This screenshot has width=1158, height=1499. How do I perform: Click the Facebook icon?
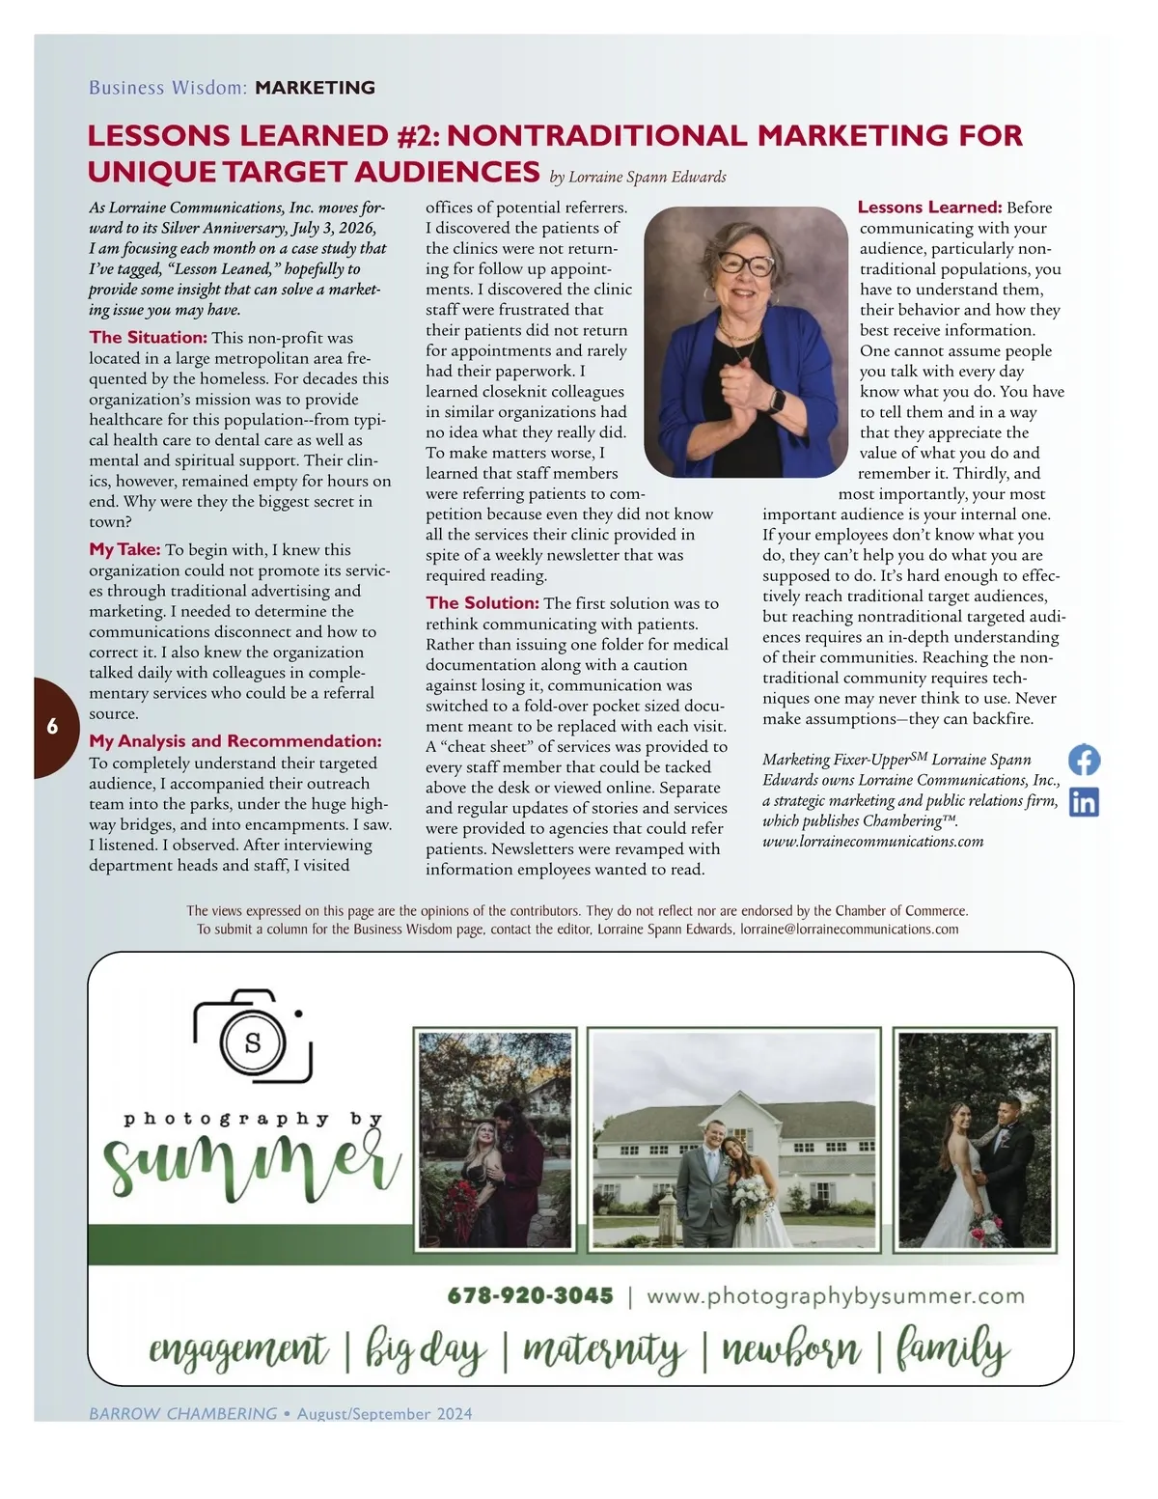pyautogui.click(x=1085, y=760)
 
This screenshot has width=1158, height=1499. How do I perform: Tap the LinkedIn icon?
pyautogui.click(x=1085, y=802)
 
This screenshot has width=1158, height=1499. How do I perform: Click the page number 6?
pyautogui.click(x=52, y=727)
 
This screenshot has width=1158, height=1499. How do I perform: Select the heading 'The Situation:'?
pyautogui.click(x=148, y=337)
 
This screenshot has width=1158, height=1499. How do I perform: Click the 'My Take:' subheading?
pyautogui.click(x=124, y=549)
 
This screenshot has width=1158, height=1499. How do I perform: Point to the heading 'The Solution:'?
pyautogui.click(x=482, y=602)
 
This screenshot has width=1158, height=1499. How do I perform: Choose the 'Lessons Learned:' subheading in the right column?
pyautogui.click(x=929, y=207)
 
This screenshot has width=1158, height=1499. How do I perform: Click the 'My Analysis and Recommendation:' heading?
pyautogui.click(x=235, y=741)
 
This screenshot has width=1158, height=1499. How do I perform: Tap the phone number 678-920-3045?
pyautogui.click(x=530, y=1295)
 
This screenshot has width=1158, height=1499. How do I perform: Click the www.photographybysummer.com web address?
pyautogui.click(x=835, y=1295)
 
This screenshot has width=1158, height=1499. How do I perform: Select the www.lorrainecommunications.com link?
pyautogui.click(x=872, y=841)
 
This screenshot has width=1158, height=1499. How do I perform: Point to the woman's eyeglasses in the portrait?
pyautogui.click(x=745, y=264)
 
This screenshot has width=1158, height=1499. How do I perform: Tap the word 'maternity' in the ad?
pyautogui.click(x=604, y=1350)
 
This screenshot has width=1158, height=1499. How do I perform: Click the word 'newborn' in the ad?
pyautogui.click(x=790, y=1350)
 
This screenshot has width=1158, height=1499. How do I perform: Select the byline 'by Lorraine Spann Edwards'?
pyautogui.click(x=637, y=178)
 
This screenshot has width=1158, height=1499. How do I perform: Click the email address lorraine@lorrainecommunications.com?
pyautogui.click(x=849, y=930)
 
